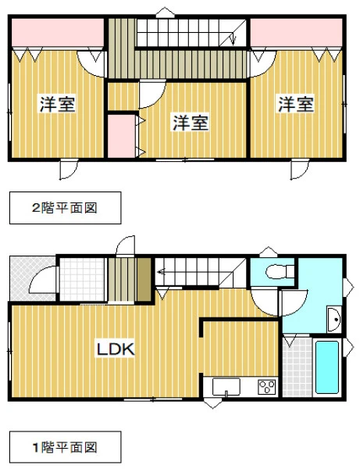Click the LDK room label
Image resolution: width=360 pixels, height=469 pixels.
point(116,349)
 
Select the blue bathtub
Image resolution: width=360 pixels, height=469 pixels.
point(327,367)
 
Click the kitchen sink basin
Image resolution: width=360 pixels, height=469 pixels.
point(226,386)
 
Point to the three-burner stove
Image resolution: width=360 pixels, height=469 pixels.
point(266,387)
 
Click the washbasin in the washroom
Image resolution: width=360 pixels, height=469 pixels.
point(334,319)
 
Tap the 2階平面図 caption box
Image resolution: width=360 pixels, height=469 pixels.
point(66,208)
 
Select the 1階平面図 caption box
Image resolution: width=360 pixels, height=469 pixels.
point(66,447)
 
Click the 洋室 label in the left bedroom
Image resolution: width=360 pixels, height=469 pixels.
point(58,103)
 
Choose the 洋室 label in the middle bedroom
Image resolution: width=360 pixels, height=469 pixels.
point(191,122)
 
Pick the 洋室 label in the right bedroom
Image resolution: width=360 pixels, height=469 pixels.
point(296,103)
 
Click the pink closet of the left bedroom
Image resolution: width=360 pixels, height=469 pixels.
point(58,32)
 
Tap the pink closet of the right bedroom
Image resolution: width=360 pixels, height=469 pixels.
point(296,32)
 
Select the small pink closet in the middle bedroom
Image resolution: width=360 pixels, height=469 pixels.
point(121,136)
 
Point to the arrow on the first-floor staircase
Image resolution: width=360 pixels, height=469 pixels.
point(162,272)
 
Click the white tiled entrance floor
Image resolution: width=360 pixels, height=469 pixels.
point(82,279)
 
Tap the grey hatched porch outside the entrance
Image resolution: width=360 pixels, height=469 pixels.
point(32,278)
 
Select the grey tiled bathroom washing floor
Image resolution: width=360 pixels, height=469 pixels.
point(298,367)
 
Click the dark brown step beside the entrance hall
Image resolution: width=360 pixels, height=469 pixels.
point(144,279)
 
